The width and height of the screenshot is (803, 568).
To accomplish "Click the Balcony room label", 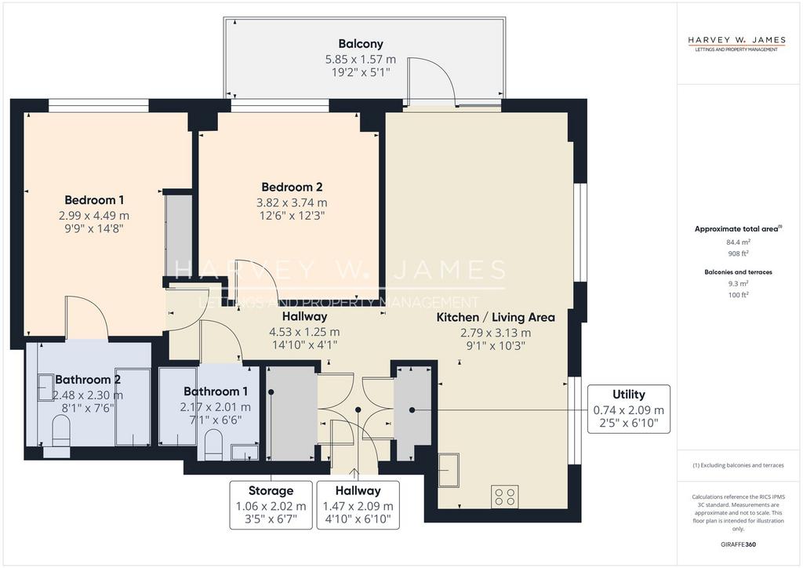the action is tap(361, 44).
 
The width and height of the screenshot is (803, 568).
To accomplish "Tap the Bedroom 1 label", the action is tap(94, 200).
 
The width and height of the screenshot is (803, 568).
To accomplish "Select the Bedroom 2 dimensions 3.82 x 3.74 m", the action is tap(292, 203).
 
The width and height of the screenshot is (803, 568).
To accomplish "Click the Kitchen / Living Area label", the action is tap(496, 318).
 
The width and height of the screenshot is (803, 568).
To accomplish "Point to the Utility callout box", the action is tap(628, 410).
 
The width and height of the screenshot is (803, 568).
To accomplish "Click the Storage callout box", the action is tap(271, 504).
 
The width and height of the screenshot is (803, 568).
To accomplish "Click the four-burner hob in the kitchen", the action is tap(504, 497).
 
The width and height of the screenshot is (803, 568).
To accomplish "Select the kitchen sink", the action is tap(449, 469).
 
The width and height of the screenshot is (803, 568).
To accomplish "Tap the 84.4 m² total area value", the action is tap(738, 242).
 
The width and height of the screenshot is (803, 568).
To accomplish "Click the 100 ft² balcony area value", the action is tap(738, 295).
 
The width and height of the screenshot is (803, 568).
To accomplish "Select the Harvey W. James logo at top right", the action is tap(736, 43).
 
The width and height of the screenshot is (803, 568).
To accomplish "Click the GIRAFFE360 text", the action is tap(738, 544).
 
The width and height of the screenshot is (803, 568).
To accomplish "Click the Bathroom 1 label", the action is tap(216, 391).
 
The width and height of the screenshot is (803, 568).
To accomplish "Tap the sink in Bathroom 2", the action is tap(45, 388).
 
